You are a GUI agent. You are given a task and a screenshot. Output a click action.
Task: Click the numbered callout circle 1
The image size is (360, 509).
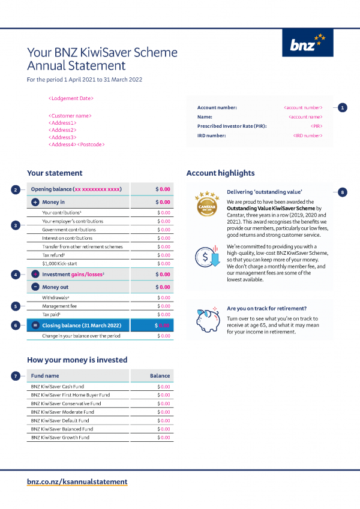342,107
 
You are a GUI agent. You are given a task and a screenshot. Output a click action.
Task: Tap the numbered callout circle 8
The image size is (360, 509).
342,192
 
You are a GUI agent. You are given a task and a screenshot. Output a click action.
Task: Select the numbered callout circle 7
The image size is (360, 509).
16,376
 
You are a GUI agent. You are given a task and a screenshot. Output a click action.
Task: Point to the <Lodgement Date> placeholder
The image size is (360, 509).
71,98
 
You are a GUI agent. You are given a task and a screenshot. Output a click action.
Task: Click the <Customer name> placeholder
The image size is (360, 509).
70,116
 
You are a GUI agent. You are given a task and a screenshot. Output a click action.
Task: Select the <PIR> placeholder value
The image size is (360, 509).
317,127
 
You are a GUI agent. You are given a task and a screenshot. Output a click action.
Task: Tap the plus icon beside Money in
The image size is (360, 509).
35,203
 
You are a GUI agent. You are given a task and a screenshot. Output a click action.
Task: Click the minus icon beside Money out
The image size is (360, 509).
35,287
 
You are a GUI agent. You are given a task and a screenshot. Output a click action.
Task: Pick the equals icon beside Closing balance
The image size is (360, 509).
35,326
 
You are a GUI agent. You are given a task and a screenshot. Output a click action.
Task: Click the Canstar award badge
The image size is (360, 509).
206,204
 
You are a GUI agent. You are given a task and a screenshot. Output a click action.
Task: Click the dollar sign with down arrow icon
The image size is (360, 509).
206,256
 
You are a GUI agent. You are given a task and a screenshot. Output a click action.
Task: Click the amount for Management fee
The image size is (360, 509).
163,306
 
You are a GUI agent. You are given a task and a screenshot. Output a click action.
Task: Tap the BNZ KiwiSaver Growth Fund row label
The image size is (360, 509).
60,438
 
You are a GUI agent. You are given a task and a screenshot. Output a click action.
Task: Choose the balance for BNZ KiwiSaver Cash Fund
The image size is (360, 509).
163,387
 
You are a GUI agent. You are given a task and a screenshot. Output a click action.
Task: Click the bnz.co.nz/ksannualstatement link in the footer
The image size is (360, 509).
77,481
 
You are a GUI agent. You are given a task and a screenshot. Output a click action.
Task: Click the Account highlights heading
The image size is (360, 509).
220,173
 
